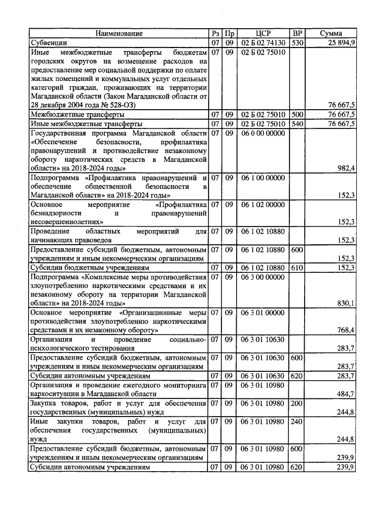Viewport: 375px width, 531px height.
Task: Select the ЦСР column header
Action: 263,33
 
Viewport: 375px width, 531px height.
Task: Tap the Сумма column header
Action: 331,33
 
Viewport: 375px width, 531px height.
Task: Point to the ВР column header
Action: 298,33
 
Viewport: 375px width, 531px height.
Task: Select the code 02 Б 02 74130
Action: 263,43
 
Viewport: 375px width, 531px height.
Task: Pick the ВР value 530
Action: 298,43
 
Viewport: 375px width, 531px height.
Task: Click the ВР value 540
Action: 298,124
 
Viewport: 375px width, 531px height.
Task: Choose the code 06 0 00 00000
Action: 263,134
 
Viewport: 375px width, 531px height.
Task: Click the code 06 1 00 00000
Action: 263,177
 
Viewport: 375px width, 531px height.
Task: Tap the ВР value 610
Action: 298,268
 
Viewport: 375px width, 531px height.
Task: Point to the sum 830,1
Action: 346,303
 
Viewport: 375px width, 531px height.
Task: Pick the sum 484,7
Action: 346,393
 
